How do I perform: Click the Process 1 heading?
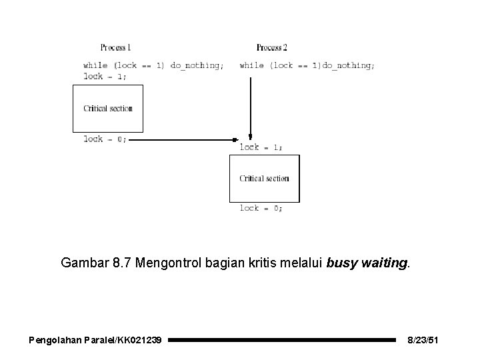coord(115,47)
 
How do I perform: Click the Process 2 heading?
coord(271,47)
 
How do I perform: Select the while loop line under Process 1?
coord(153,66)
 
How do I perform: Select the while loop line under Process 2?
coord(307,66)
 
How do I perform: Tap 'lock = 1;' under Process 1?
coord(105,76)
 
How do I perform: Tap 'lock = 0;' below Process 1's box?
coord(105,139)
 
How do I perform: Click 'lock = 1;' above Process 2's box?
coord(261,147)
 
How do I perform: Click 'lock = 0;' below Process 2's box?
coord(261,208)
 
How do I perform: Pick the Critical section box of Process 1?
coord(108,108)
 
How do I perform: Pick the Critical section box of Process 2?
coord(265,178)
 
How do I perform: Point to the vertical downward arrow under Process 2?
coord(250,107)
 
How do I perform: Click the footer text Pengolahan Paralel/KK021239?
coord(95,341)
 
